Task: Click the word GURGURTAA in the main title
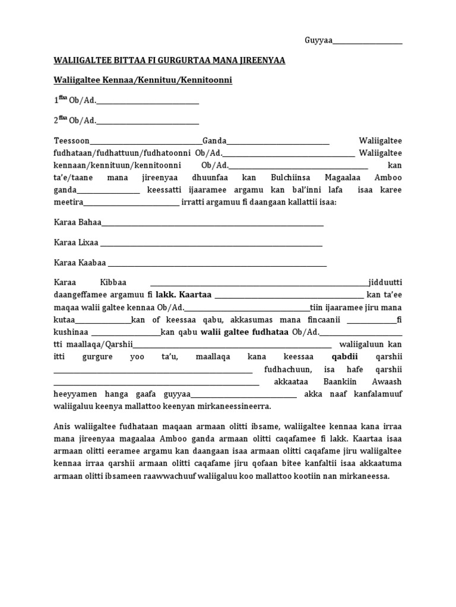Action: (x=179, y=61)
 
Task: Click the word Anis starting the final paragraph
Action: (x=62, y=427)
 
